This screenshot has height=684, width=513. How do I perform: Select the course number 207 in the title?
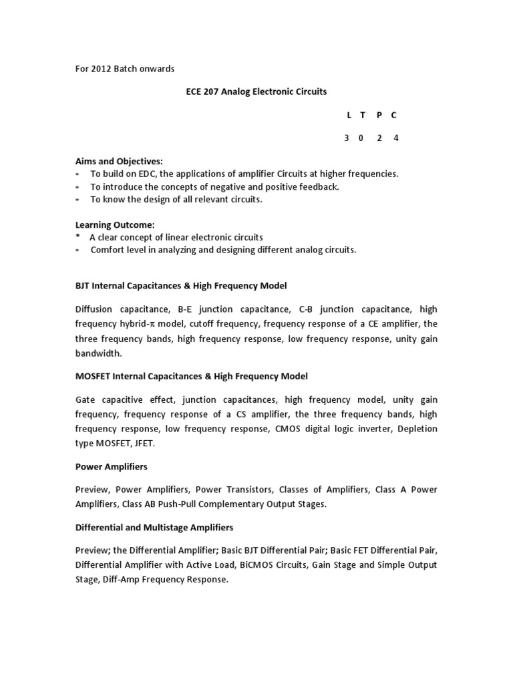tap(212, 92)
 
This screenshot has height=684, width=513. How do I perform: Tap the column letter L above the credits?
tap(349, 115)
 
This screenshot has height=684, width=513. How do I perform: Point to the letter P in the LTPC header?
tap(379, 115)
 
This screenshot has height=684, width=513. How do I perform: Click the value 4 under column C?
tap(395, 138)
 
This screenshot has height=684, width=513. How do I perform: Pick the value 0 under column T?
tap(363, 138)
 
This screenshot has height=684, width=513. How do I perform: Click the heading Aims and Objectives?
tap(119, 162)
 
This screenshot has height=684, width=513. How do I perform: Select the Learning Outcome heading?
tap(115, 225)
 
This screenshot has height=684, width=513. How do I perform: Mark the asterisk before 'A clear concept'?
tap(77, 237)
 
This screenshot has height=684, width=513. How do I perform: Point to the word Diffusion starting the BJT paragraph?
tap(93, 309)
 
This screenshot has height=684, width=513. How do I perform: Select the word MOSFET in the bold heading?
tap(93, 376)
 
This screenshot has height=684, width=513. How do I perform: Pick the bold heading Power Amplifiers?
tap(112, 466)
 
